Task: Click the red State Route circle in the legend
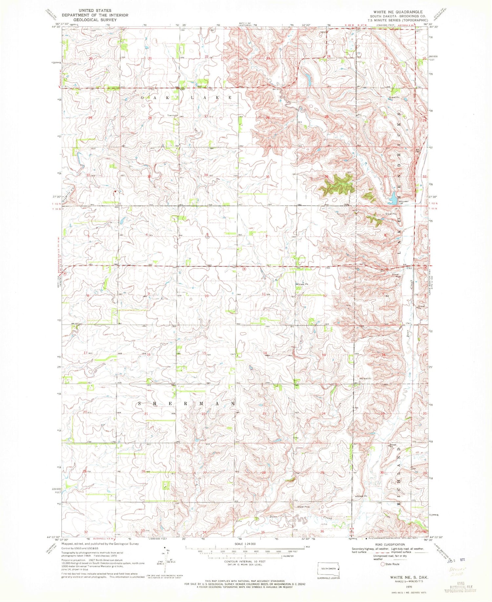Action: click(382, 564)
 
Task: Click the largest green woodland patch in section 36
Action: click(338, 184)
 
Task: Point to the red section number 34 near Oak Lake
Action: click(206, 175)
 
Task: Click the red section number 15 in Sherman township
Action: click(204, 353)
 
